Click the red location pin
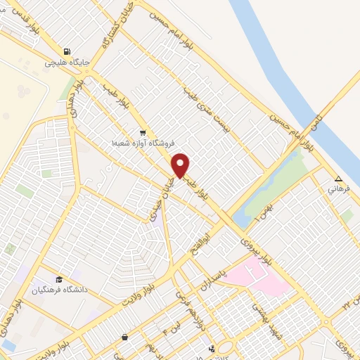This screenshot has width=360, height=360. (x=181, y=165)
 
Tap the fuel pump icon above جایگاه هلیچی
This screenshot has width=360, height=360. (x=67, y=51)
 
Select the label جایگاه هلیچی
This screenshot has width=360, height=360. (x=67, y=63)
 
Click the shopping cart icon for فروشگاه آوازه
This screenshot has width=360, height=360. (x=143, y=132)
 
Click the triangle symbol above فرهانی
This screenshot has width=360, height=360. (x=339, y=179)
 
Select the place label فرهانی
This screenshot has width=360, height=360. (x=337, y=189)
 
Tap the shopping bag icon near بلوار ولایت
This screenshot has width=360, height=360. (x=124, y=337)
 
